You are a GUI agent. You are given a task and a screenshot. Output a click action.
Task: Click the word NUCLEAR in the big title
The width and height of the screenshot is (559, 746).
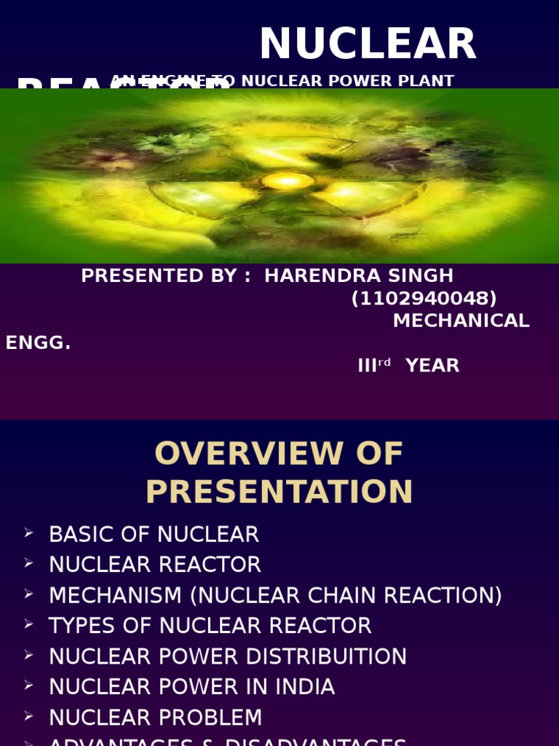(x=368, y=44)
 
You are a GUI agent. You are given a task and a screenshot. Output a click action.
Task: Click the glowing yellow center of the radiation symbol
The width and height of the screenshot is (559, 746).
(x=288, y=180)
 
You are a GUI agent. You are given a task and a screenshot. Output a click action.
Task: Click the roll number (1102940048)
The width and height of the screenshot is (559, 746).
(x=424, y=299)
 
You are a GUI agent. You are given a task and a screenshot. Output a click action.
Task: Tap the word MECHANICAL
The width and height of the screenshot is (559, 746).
(x=461, y=321)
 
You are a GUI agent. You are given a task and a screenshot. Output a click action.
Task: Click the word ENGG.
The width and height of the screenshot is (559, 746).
(x=38, y=343)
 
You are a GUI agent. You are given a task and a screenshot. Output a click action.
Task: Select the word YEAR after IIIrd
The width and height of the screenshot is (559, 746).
(x=432, y=366)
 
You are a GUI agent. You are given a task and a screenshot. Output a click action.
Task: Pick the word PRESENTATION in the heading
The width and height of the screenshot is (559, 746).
(x=279, y=492)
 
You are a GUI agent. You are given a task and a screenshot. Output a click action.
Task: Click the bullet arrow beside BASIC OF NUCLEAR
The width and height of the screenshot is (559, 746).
(x=28, y=533)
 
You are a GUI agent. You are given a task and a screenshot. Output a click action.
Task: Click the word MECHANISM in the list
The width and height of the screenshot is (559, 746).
(x=116, y=595)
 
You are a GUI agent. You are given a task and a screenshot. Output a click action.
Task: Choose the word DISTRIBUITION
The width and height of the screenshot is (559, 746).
(x=326, y=656)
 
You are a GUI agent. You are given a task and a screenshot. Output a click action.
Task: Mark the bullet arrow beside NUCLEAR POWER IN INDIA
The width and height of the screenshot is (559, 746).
(x=28, y=686)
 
